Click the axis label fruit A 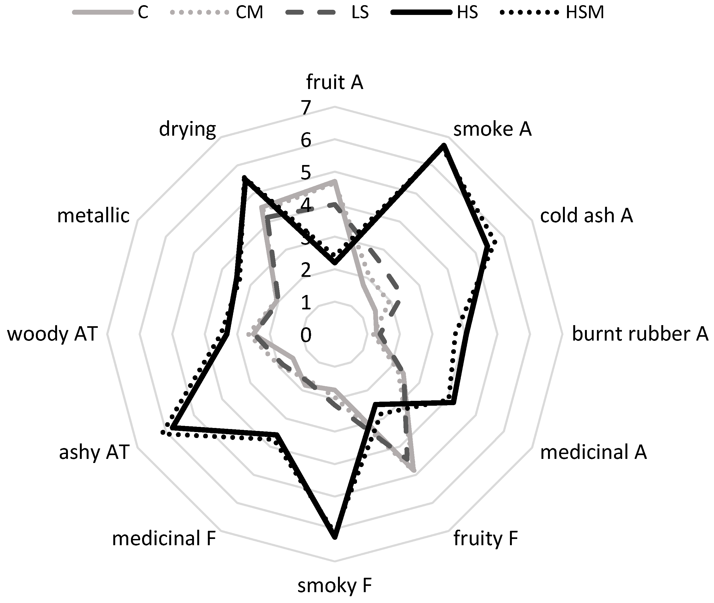pyautogui.click(x=334, y=82)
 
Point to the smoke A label pyautogui.click(x=492, y=129)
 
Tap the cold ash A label pyautogui.click(x=586, y=215)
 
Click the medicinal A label pyautogui.click(x=593, y=452)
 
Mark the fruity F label pyautogui.click(x=485, y=538)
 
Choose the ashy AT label pyautogui.click(x=94, y=452)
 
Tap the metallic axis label pyautogui.click(x=93, y=215)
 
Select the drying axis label pyautogui.click(x=187, y=129)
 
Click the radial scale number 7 pyautogui.click(x=306, y=108)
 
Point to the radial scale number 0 pyautogui.click(x=306, y=335)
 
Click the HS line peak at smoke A pyautogui.click(x=444, y=146)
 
